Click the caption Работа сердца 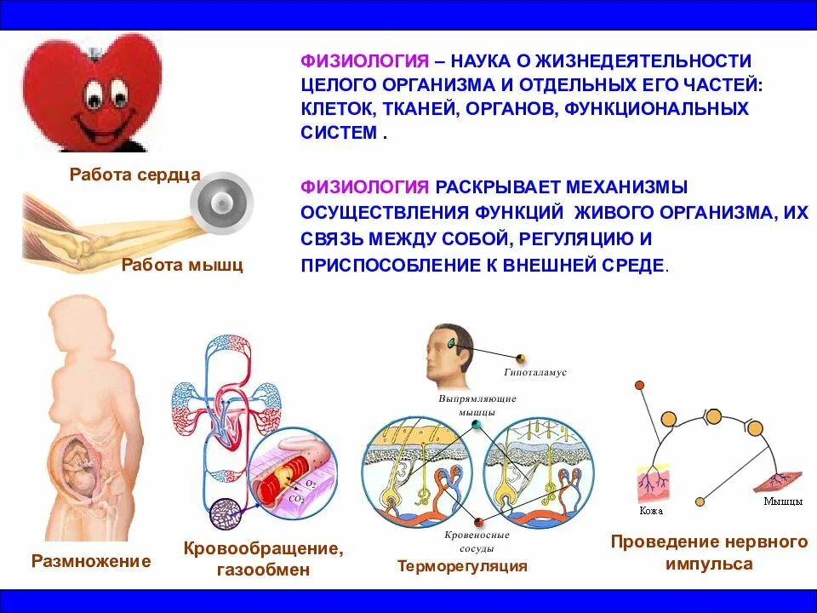coord(134,175)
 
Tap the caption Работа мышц coord(182,265)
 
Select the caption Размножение coord(91,561)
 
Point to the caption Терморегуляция coord(462,565)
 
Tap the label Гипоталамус coord(535,372)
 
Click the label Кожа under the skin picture coord(650,511)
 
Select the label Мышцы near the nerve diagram coord(782,501)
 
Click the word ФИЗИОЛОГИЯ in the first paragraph coord(363,61)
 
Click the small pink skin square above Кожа coord(654,485)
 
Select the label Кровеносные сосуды coord(477,542)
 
